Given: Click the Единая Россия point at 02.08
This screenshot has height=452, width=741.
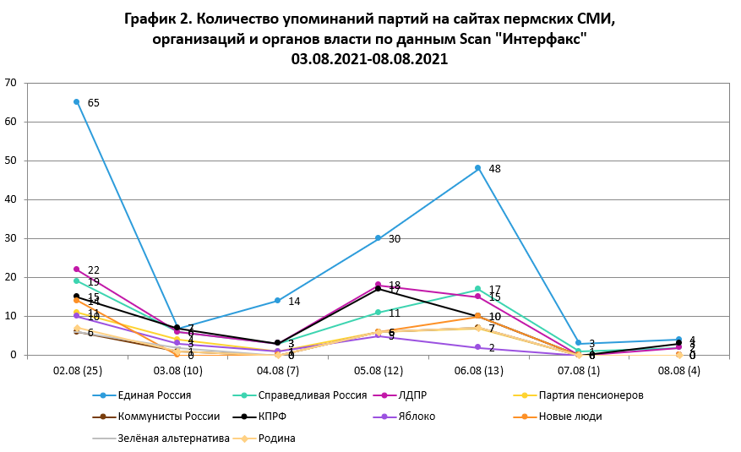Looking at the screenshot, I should click(77, 101).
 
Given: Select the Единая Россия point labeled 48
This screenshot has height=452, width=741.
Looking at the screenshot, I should click(477, 168).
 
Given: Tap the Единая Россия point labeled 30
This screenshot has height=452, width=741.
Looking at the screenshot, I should click(377, 238).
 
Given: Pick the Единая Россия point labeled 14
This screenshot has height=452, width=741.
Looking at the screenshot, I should click(277, 301).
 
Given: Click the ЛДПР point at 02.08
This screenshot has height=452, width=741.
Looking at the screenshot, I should click(77, 270).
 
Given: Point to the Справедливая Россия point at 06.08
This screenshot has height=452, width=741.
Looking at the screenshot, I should click(477, 289).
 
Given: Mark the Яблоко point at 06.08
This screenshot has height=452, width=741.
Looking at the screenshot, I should click(477, 347).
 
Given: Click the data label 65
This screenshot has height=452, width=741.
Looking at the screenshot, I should click(93, 103).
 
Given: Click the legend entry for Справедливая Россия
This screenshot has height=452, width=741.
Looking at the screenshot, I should click(312, 395).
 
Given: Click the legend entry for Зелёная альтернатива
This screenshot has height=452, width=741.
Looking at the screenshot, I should click(173, 438).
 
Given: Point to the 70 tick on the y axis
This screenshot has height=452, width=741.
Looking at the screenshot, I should click(11, 83).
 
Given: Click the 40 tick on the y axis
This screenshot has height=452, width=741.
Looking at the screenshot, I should click(11, 199).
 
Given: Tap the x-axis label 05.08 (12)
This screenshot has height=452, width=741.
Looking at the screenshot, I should click(377, 371).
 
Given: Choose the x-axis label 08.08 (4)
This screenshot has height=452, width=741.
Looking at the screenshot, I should click(678, 371).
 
